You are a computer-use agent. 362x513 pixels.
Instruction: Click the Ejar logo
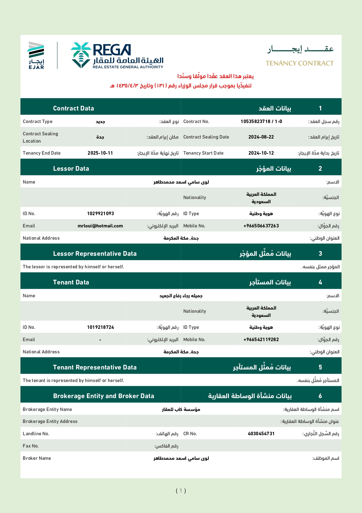pos(36,55)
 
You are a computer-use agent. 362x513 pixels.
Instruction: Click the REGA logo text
pos(112,50)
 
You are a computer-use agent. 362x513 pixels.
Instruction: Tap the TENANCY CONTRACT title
pos(300,63)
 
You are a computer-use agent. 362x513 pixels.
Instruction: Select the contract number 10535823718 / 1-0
pos(261,122)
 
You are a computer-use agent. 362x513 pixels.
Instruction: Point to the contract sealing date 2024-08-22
pos(261,137)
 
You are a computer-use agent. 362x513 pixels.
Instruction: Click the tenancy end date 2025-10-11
pos(100,153)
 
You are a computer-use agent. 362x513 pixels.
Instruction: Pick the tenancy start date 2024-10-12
pos(261,153)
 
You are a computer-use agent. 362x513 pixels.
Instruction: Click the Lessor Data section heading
pos(71,169)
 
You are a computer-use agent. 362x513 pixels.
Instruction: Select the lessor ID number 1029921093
pos(100,214)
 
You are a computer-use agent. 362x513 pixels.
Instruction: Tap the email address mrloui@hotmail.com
pos(100,226)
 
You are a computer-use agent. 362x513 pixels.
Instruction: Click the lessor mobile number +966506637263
pos(261,226)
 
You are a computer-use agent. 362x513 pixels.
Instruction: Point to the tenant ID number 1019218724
pos(100,327)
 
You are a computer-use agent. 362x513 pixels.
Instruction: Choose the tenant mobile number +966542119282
pos(261,340)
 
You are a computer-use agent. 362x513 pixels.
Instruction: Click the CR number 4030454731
pos(261,434)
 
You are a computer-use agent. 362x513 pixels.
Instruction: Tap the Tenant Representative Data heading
pos(95,367)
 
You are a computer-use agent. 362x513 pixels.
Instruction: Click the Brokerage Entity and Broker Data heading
pos(103,396)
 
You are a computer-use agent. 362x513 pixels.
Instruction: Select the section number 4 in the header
pos(320,282)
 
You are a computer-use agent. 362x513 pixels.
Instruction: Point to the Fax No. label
pos(31,446)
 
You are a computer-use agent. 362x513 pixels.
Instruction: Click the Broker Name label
pos(37,458)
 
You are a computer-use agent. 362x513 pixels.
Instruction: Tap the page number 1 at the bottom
pos(181,490)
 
